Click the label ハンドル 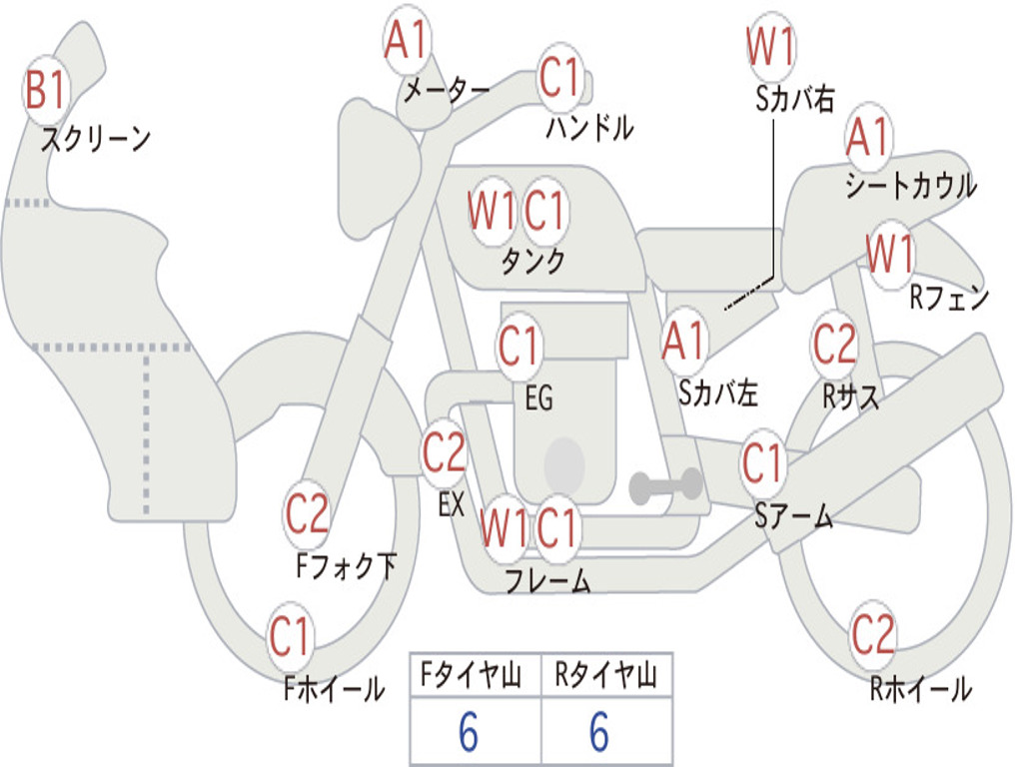[x=590, y=128]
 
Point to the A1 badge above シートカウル [x=867, y=138]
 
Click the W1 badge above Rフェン [x=889, y=255]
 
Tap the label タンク [x=532, y=262]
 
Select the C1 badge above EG [x=518, y=348]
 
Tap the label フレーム [x=548, y=581]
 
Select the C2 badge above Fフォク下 [x=307, y=515]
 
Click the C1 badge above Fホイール [x=291, y=637]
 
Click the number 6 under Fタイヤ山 [x=468, y=733]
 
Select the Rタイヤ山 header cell [x=605, y=677]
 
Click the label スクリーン [x=96, y=140]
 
